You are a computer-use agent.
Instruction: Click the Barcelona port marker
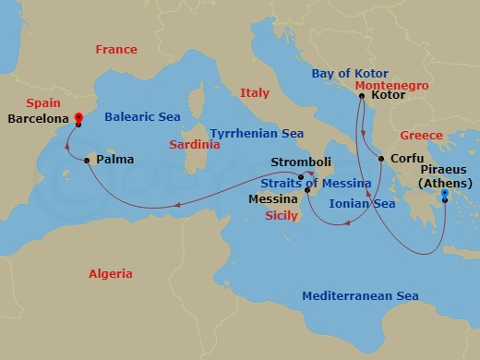tap(78, 118)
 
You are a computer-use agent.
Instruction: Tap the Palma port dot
tap(87, 161)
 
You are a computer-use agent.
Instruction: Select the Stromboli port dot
tap(301, 176)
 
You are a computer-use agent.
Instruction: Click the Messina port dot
tap(307, 190)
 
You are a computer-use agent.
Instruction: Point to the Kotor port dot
tap(361, 96)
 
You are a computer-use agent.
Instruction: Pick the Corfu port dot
tap(380, 159)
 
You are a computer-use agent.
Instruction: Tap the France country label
tap(115, 50)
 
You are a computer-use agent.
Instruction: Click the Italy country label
tap(254, 93)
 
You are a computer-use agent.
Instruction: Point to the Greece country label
tap(421, 136)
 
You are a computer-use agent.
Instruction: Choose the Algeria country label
tap(110, 273)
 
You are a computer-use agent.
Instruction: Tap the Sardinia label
tap(194, 145)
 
